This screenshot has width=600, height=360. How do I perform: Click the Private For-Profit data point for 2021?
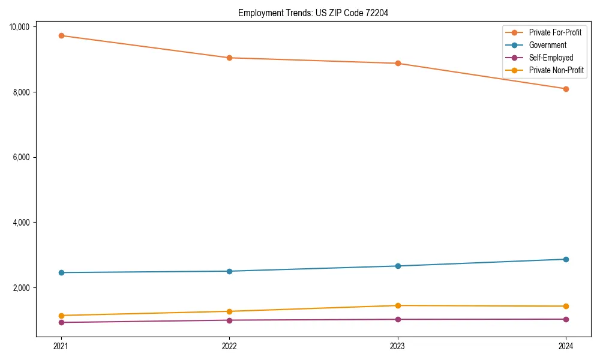click(61, 35)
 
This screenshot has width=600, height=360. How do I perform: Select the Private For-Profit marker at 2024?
click(566, 89)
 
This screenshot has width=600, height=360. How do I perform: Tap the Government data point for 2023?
click(398, 266)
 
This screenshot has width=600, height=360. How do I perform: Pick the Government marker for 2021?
click(61, 272)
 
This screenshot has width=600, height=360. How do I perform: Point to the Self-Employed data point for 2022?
click(229, 320)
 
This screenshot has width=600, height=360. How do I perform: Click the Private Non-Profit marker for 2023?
click(398, 305)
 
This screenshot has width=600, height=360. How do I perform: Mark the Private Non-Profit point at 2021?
click(61, 316)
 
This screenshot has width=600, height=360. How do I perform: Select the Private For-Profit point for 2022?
click(229, 58)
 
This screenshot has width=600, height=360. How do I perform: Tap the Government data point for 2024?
click(566, 259)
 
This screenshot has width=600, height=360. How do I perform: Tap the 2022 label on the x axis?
click(229, 346)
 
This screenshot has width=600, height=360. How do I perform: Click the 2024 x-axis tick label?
click(566, 346)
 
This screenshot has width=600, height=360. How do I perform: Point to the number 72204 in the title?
click(376, 13)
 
